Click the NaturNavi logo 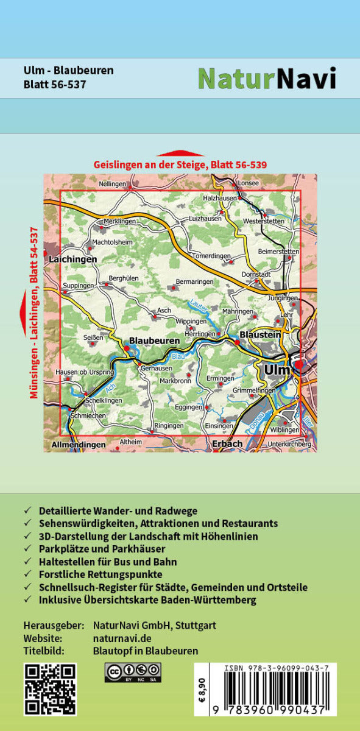[267, 78]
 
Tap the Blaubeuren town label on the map [154, 341]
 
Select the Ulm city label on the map [277, 370]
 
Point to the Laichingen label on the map [73, 259]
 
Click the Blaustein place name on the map [260, 334]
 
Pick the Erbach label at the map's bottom [227, 444]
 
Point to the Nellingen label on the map [112, 183]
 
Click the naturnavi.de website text [121, 638]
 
